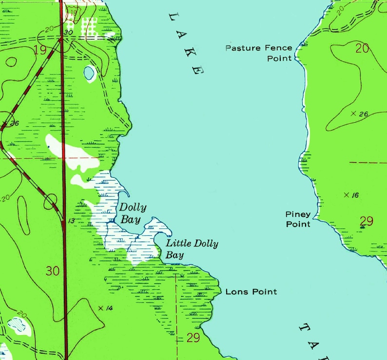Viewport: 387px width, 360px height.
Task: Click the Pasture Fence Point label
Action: [x=259, y=53]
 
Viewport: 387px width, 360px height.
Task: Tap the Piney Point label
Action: [x=298, y=219]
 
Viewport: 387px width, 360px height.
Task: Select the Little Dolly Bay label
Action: [x=192, y=249]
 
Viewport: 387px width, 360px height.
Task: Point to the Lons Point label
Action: [x=251, y=292]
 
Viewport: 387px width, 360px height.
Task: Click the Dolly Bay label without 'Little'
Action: [x=133, y=213]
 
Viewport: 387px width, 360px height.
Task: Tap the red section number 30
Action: [x=53, y=271]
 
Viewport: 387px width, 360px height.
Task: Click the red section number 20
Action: [x=363, y=48]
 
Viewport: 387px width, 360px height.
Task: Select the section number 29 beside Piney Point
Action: [x=366, y=221]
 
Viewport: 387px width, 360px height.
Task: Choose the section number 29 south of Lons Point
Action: [x=193, y=338]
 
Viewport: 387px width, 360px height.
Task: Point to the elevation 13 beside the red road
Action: [x=71, y=221]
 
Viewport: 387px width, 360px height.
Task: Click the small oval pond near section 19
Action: [x=89, y=74]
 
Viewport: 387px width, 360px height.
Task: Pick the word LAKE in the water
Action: [x=185, y=42]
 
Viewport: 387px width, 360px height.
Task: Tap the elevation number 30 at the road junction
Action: [x=68, y=32]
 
